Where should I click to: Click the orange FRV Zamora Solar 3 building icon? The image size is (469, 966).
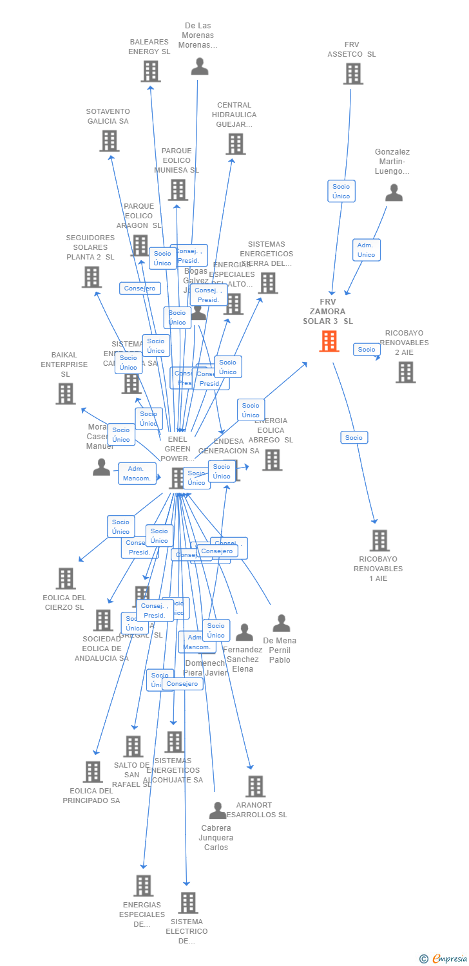[x=329, y=341]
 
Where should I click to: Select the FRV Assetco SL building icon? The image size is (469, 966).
[x=352, y=74]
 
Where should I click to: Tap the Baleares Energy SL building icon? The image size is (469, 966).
[x=150, y=71]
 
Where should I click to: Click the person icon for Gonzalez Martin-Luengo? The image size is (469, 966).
[x=394, y=193]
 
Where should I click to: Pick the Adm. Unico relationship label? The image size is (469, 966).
[x=366, y=250]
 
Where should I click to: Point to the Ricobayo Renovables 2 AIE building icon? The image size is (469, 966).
[x=405, y=372]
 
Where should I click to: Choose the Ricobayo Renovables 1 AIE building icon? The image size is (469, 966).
[x=379, y=540]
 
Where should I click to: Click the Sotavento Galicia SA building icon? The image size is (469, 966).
[x=109, y=141]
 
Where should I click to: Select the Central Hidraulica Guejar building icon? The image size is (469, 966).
[x=235, y=144]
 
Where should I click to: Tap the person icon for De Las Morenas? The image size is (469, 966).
[x=200, y=66]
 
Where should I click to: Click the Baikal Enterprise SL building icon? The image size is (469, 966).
[x=65, y=393]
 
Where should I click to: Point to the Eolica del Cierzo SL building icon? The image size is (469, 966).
[x=66, y=578]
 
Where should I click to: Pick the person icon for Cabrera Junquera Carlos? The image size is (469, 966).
[x=218, y=810]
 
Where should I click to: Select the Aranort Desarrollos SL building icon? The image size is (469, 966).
[x=255, y=786]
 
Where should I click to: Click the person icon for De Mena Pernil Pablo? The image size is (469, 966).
[x=281, y=623]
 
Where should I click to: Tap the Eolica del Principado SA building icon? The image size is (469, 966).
[x=93, y=772]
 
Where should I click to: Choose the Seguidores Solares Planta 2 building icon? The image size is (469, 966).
[x=91, y=277]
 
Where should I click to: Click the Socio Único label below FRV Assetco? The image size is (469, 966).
[x=341, y=191]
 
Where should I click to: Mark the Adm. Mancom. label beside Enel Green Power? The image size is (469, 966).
[x=138, y=473]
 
